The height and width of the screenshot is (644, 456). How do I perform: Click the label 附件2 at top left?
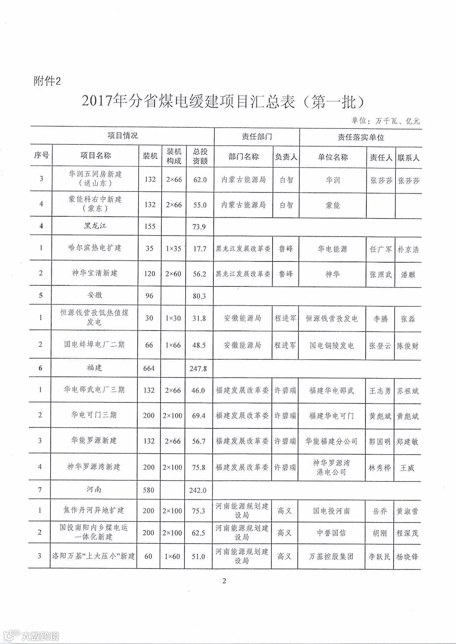click(47, 81)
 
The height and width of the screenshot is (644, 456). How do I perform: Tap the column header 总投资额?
click(200, 156)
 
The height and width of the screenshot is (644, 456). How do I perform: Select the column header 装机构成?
click(174, 156)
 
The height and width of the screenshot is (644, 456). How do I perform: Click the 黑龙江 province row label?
click(95, 226)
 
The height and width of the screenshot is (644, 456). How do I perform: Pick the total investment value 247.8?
click(198, 369)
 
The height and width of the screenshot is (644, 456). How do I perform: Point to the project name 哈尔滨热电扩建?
click(95, 248)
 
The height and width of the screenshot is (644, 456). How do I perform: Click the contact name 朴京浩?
click(408, 249)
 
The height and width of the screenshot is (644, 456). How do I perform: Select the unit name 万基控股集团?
click(331, 556)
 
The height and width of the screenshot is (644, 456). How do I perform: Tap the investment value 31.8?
click(199, 318)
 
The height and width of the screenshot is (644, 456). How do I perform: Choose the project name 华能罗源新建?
click(94, 440)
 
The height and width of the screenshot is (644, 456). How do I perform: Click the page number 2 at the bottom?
click(224, 581)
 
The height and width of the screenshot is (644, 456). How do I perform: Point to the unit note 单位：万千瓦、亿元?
click(386, 121)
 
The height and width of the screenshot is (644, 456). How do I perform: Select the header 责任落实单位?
click(361, 137)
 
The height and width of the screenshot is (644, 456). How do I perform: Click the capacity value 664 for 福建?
click(149, 368)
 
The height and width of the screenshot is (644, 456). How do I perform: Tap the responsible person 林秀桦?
click(379, 468)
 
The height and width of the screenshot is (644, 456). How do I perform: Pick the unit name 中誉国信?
click(331, 533)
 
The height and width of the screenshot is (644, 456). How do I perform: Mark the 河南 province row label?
click(94, 490)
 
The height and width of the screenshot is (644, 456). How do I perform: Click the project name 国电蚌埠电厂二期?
click(94, 344)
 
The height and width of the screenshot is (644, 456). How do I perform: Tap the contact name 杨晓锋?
click(407, 557)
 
